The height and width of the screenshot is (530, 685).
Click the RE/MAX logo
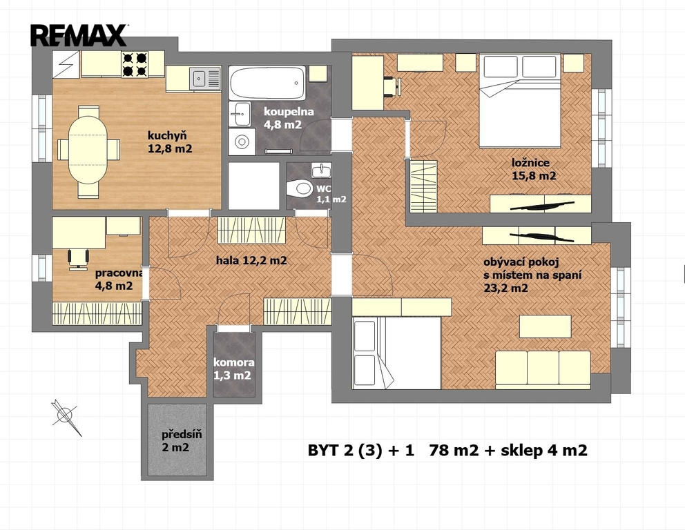coord(79,35)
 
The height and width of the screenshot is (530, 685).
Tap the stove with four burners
coord(134,64)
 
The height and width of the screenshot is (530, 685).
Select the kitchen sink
coord(205,79)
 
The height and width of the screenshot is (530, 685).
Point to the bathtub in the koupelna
coord(267,83)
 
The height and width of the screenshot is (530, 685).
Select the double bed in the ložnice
coord(519,101)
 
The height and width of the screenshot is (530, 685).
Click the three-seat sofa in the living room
coord(543,369)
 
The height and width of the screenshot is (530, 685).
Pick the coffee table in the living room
coord(546,326)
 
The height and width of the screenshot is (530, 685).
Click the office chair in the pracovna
coord(79,257)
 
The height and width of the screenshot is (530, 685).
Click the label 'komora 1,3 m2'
coord(233,369)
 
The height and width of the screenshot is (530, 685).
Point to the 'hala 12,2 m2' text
coord(251,261)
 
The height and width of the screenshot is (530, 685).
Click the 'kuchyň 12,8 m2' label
coord(170,142)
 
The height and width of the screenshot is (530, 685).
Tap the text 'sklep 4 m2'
coord(544,450)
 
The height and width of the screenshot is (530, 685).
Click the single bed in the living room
coord(396,353)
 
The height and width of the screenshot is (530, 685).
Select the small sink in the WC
coord(321,170)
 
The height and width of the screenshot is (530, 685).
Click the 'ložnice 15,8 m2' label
coord(534,169)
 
